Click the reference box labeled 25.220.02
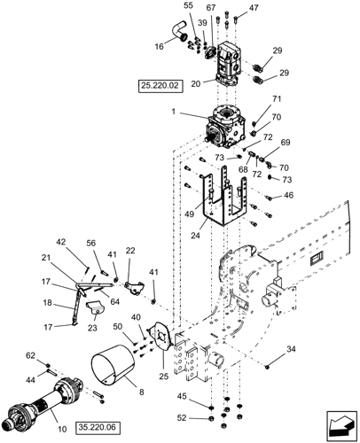[x=160, y=86]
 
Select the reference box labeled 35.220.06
[x=98, y=427]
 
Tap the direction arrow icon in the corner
[x=342, y=425]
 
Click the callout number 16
[x=159, y=46]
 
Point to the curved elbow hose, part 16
[x=178, y=30]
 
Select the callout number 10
[x=62, y=429]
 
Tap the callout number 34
[x=291, y=349]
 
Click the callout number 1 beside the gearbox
[x=174, y=112]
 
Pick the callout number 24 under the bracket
[x=195, y=235]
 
